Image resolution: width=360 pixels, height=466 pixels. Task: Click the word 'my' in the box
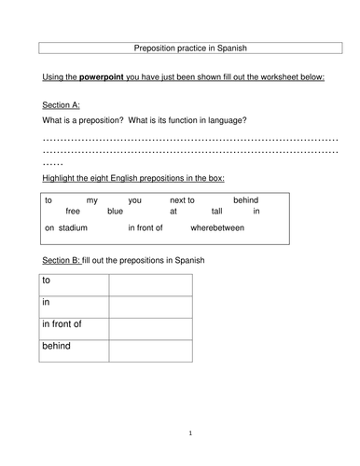coord(91,199)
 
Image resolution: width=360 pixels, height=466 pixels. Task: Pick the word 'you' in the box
coord(134,199)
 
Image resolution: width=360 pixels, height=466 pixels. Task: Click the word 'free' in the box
coord(73,212)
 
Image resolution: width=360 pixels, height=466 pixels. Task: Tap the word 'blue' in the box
coord(114,212)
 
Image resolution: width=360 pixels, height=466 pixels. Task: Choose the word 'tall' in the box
coord(215,212)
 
